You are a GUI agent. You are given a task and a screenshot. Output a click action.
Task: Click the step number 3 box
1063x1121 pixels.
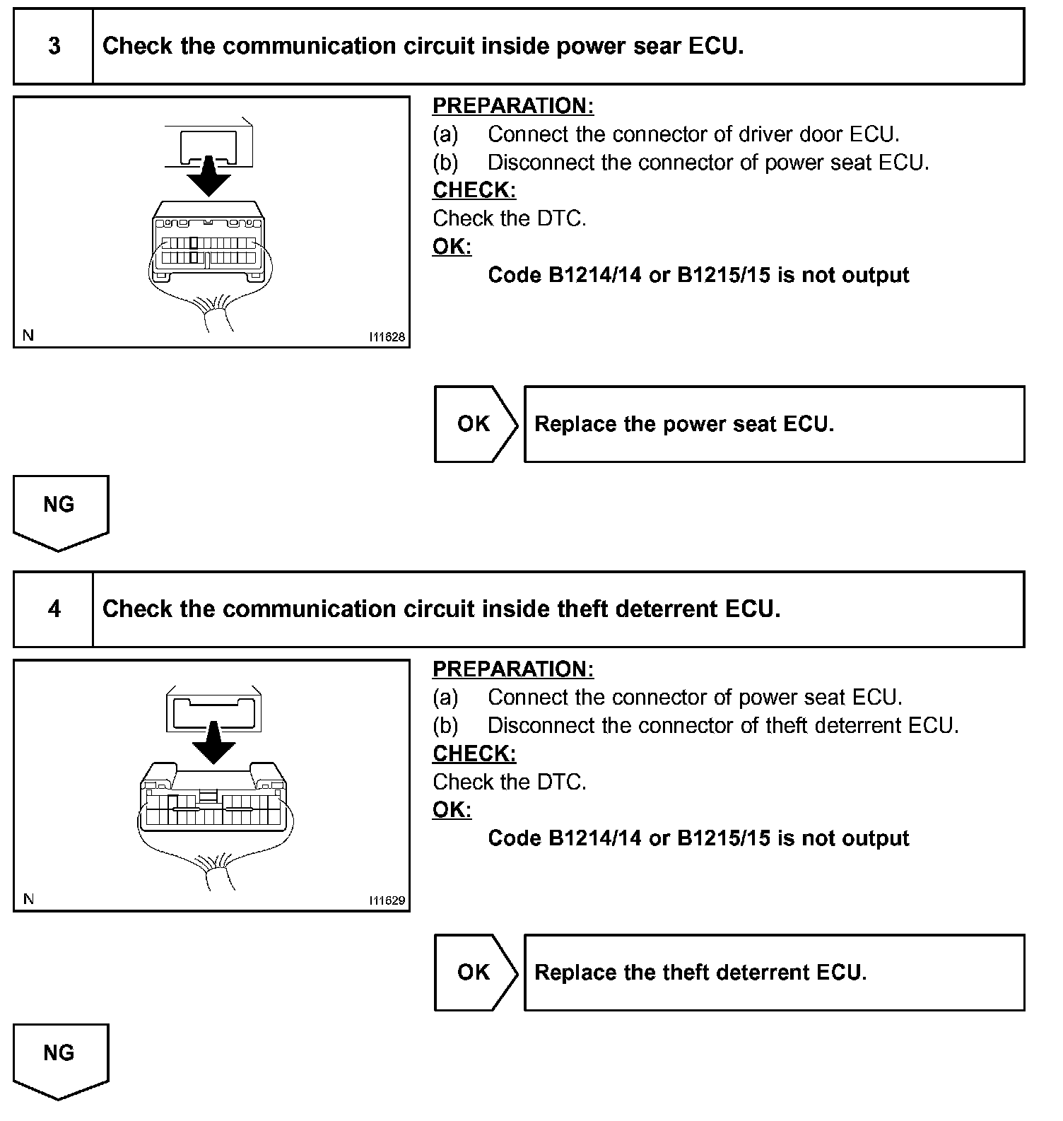[54, 47]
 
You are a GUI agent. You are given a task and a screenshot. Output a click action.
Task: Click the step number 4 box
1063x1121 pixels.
[54, 609]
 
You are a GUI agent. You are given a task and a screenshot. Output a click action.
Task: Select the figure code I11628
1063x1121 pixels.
[387, 337]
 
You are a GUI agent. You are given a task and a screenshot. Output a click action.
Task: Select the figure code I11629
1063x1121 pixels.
[387, 900]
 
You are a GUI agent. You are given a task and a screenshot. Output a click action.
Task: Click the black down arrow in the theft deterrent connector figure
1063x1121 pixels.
[213, 742]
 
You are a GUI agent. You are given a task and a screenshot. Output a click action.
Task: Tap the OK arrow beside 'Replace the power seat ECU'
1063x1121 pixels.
[475, 424]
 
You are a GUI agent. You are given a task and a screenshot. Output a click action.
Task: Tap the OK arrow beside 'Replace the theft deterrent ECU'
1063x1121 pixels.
[475, 973]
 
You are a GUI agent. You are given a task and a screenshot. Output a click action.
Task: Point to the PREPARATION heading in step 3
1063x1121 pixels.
[513, 106]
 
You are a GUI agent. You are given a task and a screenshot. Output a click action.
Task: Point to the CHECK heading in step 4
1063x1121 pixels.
[474, 753]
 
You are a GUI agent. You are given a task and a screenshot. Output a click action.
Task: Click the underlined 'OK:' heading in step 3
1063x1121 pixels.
[452, 247]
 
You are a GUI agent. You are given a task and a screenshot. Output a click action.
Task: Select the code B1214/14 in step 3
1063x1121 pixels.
[595, 275]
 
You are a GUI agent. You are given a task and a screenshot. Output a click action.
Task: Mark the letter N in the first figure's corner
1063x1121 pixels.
[28, 336]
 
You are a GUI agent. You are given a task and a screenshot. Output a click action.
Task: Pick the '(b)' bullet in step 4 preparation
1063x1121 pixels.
[445, 726]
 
